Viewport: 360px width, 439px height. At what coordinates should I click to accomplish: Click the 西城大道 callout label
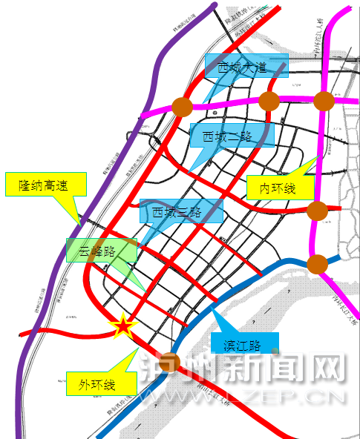click(246, 68)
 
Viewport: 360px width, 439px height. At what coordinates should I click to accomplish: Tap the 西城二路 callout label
click(232, 136)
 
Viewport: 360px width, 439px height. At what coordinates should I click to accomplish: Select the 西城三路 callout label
click(181, 211)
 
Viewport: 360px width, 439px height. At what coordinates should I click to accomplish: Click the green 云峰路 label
click(101, 250)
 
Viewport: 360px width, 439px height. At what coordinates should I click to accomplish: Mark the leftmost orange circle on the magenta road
click(183, 107)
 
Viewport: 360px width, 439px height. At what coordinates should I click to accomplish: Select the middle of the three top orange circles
click(269, 102)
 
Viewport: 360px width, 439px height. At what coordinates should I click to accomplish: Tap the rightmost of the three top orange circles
click(324, 101)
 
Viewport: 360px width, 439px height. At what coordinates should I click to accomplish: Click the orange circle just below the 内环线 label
click(317, 211)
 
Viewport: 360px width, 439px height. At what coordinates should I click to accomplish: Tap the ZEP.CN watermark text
click(298, 397)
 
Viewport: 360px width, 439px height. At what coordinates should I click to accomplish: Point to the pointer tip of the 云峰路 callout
click(144, 289)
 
